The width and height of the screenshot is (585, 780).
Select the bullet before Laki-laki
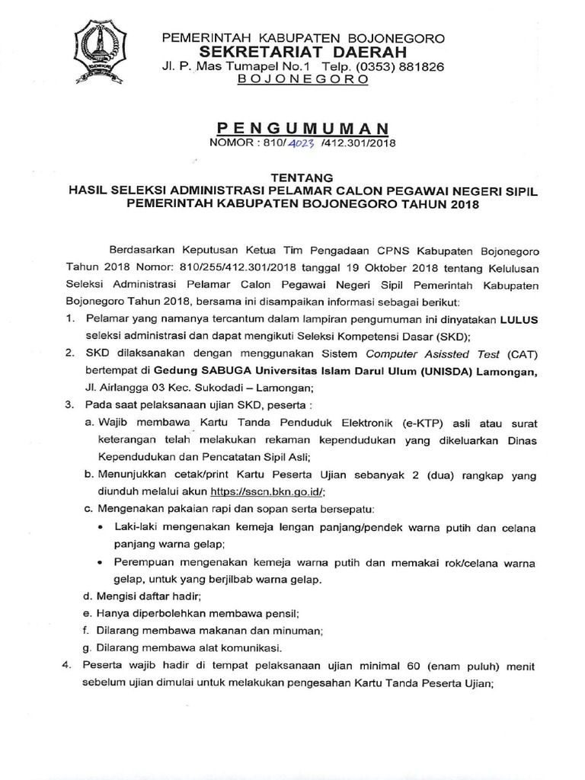point(103,527)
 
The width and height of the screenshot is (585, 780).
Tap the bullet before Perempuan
point(103,562)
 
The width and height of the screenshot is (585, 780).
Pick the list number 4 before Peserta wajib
point(66,666)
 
